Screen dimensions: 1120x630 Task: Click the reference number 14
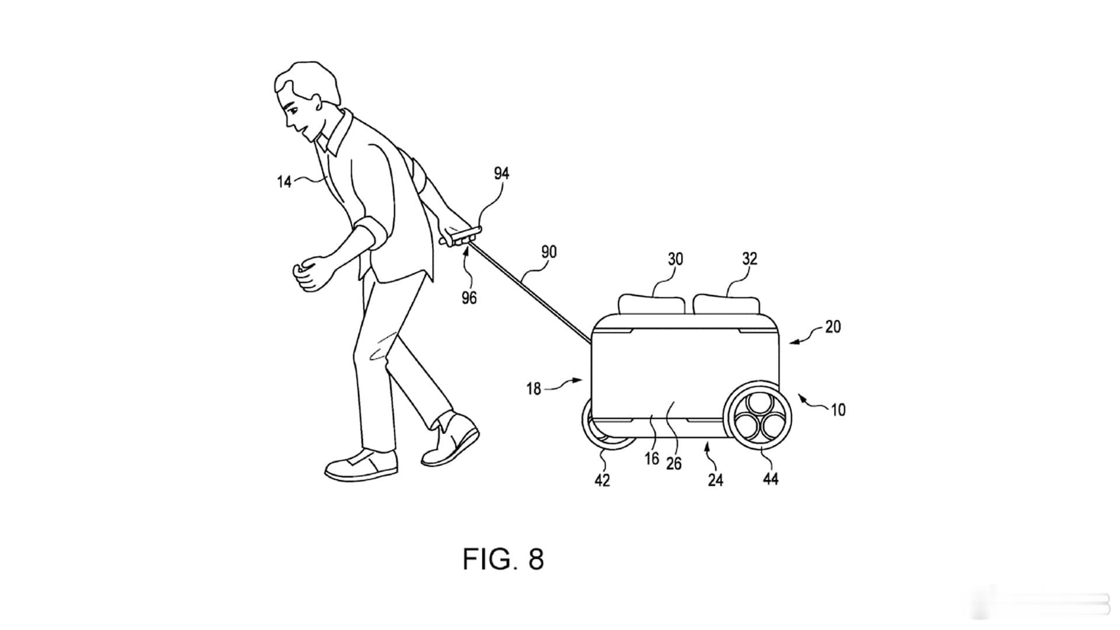284,182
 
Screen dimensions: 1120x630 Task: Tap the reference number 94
502,173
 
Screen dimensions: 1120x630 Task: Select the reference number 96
469,298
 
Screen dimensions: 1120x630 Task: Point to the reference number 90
549,252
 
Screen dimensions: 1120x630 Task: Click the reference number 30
675,259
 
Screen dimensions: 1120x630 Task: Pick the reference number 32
750,258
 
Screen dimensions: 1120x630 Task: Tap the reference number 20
833,327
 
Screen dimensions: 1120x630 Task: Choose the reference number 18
534,388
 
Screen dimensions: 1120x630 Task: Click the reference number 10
838,410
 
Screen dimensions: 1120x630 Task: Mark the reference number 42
602,480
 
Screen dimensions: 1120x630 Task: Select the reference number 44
771,480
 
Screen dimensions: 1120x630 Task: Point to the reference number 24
715,480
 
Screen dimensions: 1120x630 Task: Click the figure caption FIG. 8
503,559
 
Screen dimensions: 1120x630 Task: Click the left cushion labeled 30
652,306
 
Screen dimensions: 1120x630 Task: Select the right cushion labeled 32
727,306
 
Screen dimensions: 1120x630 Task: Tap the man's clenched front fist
309,273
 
